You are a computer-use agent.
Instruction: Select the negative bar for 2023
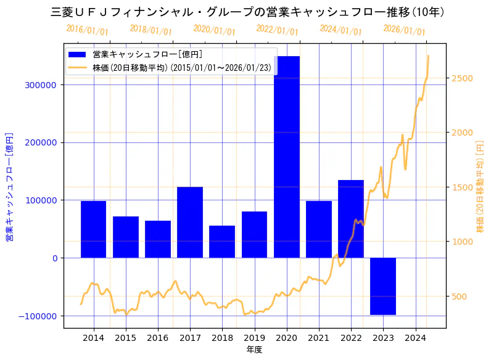(383, 286)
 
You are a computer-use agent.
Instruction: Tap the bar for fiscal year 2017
(190, 222)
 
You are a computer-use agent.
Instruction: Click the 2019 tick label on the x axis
(254, 338)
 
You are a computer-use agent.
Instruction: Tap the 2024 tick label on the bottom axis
(415, 338)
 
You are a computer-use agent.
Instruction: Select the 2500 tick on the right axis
(462, 78)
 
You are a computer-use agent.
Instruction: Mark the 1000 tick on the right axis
(462, 242)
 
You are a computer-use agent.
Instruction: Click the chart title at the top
(247, 12)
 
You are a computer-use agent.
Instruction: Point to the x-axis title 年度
(254, 350)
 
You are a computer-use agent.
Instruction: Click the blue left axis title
(9, 186)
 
